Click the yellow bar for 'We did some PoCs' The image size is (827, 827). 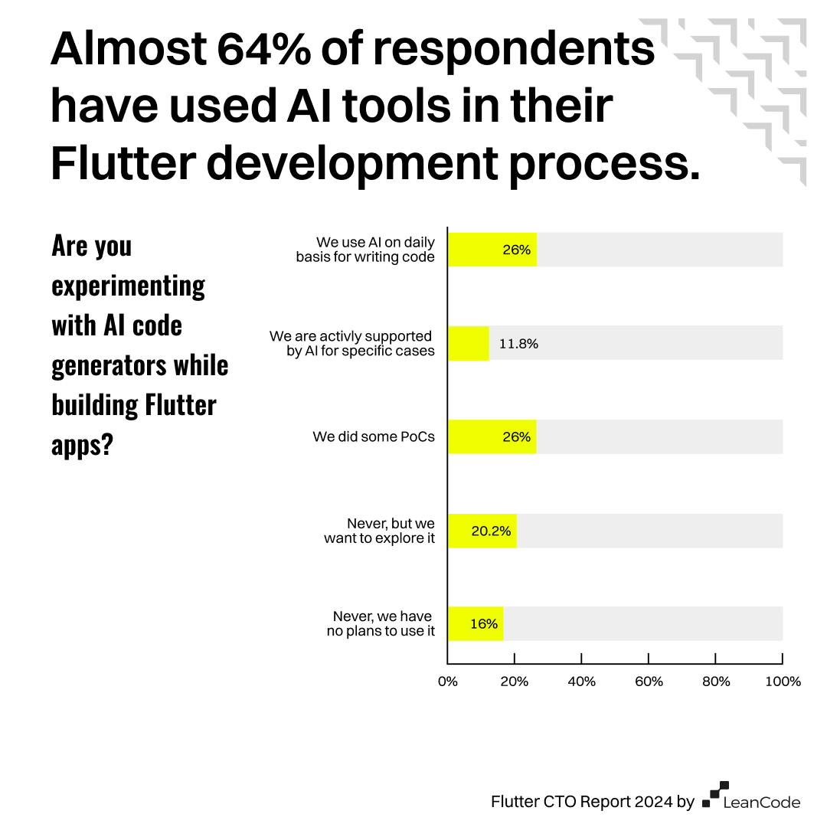(x=492, y=436)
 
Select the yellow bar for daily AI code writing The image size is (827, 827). (x=492, y=250)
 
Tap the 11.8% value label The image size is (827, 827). (x=518, y=344)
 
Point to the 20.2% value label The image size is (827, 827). (x=491, y=531)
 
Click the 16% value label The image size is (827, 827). (x=484, y=624)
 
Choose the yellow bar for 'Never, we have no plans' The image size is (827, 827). (x=475, y=624)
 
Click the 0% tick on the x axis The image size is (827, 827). (x=447, y=682)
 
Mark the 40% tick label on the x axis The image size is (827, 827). (x=581, y=682)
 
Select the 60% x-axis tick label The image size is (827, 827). (x=649, y=682)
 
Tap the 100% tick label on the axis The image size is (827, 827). (x=782, y=682)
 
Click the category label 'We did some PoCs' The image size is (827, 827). (x=374, y=437)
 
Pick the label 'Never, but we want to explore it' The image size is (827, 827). (x=379, y=531)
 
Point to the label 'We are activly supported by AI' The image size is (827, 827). (x=352, y=344)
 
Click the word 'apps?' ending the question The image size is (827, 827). (x=82, y=445)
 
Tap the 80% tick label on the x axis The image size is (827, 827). (x=715, y=682)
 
